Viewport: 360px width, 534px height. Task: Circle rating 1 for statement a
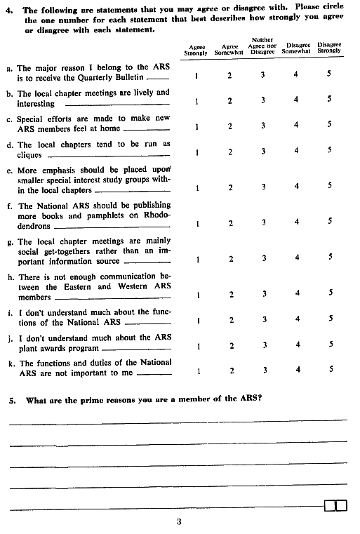(197, 75)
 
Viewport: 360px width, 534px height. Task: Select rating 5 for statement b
(328, 100)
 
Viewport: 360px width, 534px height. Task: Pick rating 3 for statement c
(263, 126)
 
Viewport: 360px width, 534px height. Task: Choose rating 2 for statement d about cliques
(229, 151)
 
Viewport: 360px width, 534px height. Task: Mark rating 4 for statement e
(296, 186)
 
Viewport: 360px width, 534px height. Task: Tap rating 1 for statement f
(197, 222)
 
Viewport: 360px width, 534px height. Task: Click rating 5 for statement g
(328, 258)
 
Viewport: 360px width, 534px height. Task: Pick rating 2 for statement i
(229, 320)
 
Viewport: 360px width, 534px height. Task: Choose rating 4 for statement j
(296, 345)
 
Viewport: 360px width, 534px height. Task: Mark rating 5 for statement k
(328, 370)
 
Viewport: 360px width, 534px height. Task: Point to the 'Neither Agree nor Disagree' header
(262, 46)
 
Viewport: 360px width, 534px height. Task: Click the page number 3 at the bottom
(179, 521)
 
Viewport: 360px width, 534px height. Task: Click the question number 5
(12, 400)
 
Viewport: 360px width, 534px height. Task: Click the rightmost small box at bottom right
(342, 505)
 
